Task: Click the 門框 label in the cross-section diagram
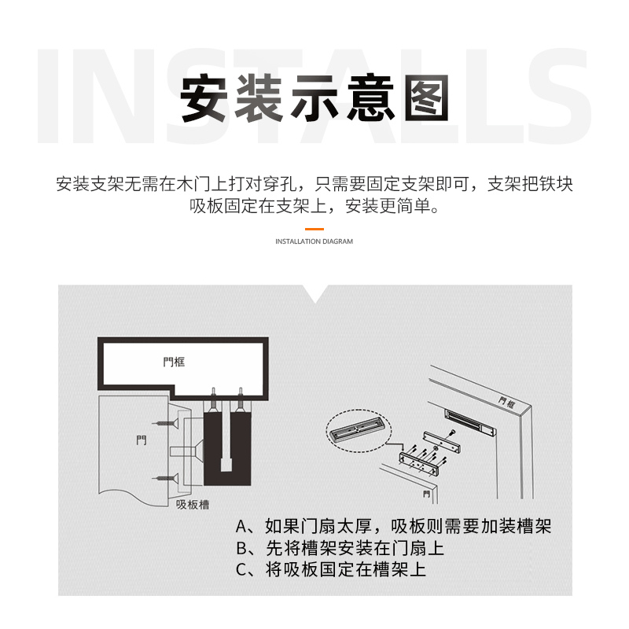(174, 362)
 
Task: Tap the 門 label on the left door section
(142, 440)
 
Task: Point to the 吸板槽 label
(193, 504)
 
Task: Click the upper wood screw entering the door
(165, 423)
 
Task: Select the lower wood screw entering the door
(165, 478)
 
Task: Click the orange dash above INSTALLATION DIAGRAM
(314, 229)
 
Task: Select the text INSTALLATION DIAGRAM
(314, 241)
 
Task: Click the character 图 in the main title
(426, 98)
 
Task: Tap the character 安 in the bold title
(204, 98)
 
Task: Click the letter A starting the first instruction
(241, 526)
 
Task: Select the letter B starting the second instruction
(241, 548)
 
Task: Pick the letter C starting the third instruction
(241, 569)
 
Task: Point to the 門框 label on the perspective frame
(506, 403)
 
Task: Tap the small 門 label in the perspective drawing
(426, 495)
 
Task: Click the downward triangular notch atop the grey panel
(315, 293)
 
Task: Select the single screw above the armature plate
(453, 432)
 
